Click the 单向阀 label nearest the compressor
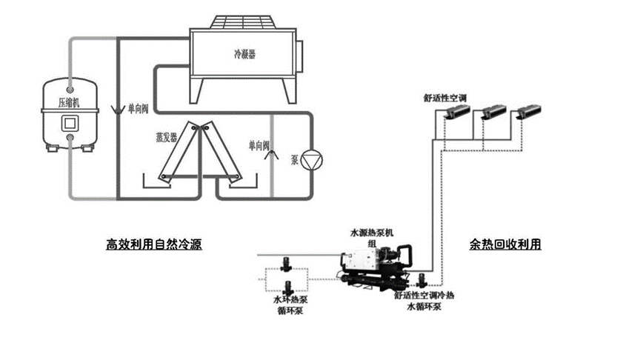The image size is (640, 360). click(138, 109)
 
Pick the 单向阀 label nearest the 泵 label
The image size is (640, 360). click(259, 144)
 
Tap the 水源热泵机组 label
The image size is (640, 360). click(371, 236)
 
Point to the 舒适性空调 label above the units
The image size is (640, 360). click(444, 97)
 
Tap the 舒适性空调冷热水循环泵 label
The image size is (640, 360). click(424, 299)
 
